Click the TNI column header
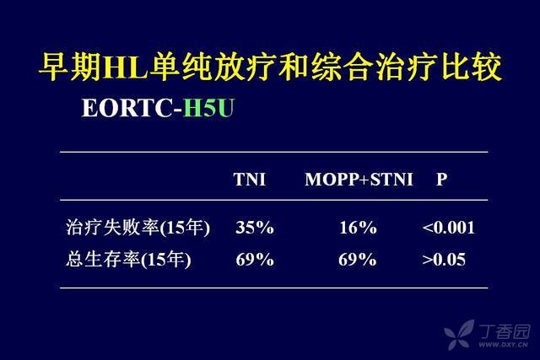click(x=250, y=179)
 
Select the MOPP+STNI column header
click(x=359, y=179)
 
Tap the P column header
click(x=442, y=179)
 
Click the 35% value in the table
click(x=255, y=228)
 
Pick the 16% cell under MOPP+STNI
click(x=358, y=228)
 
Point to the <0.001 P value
click(x=448, y=228)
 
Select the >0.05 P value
click(x=444, y=260)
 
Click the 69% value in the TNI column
click(x=255, y=260)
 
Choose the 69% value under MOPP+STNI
click(x=358, y=260)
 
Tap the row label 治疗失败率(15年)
click(x=138, y=228)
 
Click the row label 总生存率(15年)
click(x=128, y=260)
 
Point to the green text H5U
click(x=208, y=108)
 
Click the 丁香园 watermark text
click(x=505, y=331)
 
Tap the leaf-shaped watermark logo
click(x=459, y=334)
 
